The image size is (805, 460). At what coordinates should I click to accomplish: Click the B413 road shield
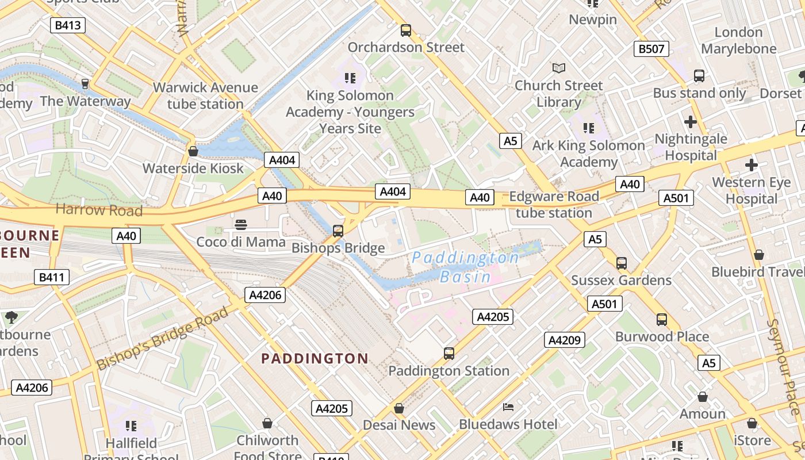click(x=68, y=25)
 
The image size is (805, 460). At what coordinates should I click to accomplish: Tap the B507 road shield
click(x=651, y=49)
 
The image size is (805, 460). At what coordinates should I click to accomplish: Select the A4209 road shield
click(x=564, y=340)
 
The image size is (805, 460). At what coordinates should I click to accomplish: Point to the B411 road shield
click(x=51, y=278)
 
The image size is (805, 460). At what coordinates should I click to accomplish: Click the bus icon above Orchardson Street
click(x=406, y=30)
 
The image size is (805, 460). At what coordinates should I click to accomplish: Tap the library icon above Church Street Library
click(x=558, y=68)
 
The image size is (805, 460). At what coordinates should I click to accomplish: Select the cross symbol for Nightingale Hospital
click(x=690, y=122)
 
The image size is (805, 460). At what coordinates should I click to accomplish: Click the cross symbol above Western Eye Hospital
click(x=751, y=166)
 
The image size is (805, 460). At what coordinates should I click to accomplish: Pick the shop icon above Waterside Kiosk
click(x=193, y=151)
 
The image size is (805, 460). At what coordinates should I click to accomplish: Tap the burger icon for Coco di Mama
click(x=241, y=224)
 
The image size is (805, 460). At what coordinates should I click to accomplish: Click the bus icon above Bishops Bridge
click(x=338, y=231)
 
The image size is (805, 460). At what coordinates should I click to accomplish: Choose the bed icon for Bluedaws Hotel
click(x=508, y=407)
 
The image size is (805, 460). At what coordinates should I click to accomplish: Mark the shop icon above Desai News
click(x=399, y=408)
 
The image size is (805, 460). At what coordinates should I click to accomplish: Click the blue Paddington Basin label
click(x=466, y=267)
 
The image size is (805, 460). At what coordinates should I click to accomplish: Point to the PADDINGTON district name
click(x=315, y=359)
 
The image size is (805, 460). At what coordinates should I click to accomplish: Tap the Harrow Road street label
click(x=99, y=210)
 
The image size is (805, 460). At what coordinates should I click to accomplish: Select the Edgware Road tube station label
click(x=554, y=205)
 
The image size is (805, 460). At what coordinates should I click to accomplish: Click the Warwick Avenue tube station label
click(x=205, y=95)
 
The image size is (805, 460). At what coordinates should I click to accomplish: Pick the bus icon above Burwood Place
click(x=662, y=319)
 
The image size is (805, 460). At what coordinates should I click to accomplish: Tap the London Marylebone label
click(x=738, y=40)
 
